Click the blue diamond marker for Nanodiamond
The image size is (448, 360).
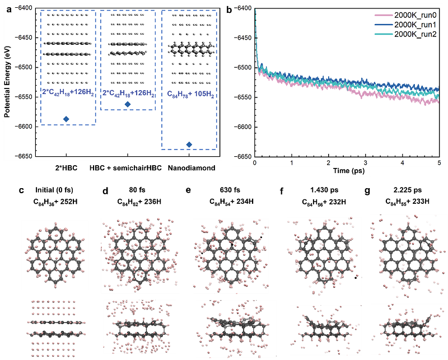tap(189, 144)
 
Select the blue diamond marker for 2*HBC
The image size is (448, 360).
tap(66, 119)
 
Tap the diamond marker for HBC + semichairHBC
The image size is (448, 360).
tap(128, 104)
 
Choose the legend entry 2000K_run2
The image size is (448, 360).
tap(411, 34)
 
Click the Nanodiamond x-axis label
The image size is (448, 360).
tap(189, 168)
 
